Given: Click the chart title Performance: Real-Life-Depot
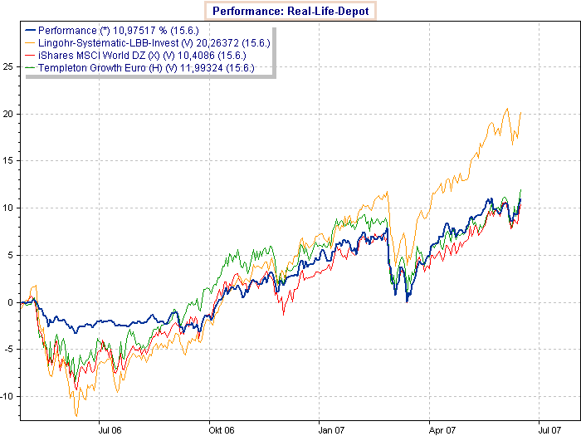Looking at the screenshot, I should tap(290, 11).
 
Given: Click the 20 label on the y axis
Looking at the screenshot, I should tap(10, 113).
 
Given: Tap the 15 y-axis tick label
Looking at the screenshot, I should tap(10, 160).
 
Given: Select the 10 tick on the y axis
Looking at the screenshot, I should tap(10, 208).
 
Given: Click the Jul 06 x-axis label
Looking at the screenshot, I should tap(110, 430).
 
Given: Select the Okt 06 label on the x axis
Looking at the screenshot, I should tap(221, 430).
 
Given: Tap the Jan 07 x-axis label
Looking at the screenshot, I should tap(332, 430).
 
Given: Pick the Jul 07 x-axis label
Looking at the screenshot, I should tap(551, 430).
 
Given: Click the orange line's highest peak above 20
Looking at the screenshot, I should tap(507, 109).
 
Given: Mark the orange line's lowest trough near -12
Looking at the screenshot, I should tap(76, 415).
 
